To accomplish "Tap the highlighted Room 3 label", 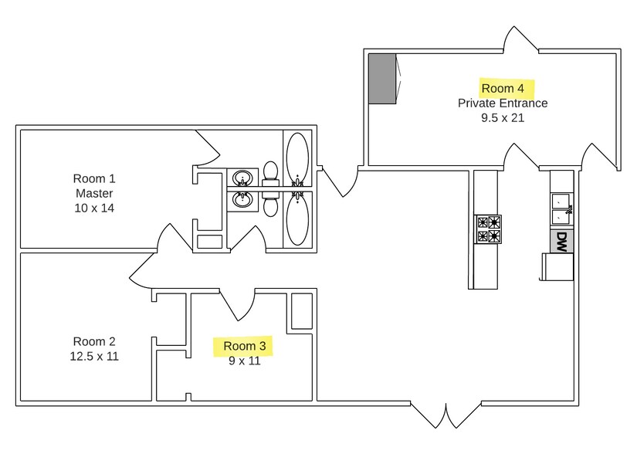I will coord(244,346).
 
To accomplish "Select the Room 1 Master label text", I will coord(94,185).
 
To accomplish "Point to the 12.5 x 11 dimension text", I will coord(94,356).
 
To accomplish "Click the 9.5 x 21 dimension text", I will coord(503,118).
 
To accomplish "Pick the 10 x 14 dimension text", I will coord(94,208).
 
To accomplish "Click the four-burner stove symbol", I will coord(489,229).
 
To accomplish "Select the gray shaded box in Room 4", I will coord(382,78).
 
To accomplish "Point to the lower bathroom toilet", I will coord(271,204).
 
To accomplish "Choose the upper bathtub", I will coord(297,157).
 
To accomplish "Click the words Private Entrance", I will coord(503,103).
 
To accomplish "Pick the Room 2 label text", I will coord(94,341).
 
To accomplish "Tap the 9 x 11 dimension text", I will coord(244,361).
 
